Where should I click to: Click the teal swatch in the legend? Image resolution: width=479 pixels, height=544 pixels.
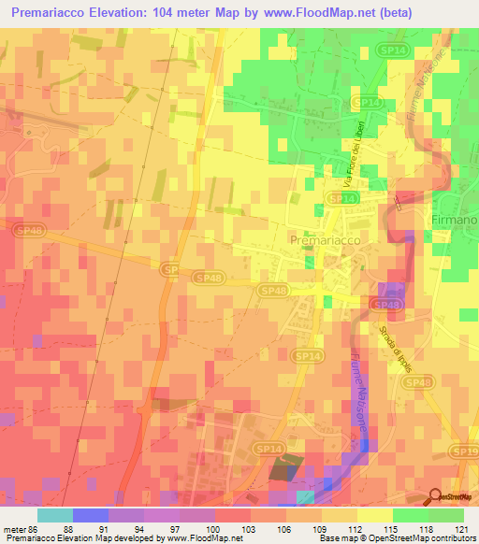pyautogui.click(x=55, y=515)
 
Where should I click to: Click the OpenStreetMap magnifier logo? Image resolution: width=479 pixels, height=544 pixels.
pyautogui.click(x=435, y=495)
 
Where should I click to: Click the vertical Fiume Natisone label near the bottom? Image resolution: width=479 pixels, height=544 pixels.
pyautogui.click(x=359, y=394)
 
